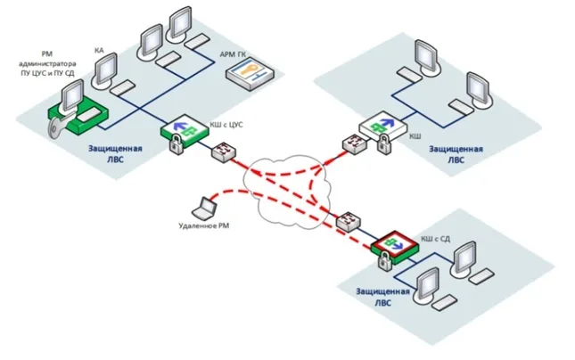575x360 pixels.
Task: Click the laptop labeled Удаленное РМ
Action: tap(204, 208)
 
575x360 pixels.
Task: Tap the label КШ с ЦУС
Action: tap(226, 125)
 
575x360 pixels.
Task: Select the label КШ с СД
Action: tap(435, 239)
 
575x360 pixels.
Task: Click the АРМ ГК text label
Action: tap(233, 55)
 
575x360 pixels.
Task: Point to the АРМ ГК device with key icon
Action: tap(250, 75)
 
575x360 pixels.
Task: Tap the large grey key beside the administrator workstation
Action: tap(59, 125)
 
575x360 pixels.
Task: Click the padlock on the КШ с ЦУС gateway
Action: tap(176, 143)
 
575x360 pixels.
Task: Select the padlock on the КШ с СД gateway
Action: tap(385, 261)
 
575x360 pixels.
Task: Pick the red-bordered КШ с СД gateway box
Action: tap(395, 246)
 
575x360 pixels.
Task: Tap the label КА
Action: tap(99, 50)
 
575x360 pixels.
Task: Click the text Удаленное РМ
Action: tap(204, 225)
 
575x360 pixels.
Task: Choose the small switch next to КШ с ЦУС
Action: tap(224, 151)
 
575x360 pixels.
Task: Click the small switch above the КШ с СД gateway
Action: tap(348, 220)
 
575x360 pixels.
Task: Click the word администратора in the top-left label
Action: tap(47, 64)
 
